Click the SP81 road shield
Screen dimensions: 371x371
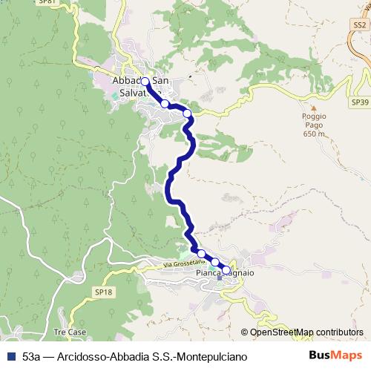point(47,2)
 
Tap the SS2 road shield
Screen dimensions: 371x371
point(360,25)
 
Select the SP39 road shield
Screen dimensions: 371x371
point(359,102)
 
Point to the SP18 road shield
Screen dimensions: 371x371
point(105,292)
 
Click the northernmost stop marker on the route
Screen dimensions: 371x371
point(145,82)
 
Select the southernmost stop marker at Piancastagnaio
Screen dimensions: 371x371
point(226,270)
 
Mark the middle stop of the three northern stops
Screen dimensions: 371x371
point(165,104)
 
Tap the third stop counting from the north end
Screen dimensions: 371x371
point(188,114)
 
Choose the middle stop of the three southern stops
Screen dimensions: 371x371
point(214,262)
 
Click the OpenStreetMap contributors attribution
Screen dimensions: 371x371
point(306,332)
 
